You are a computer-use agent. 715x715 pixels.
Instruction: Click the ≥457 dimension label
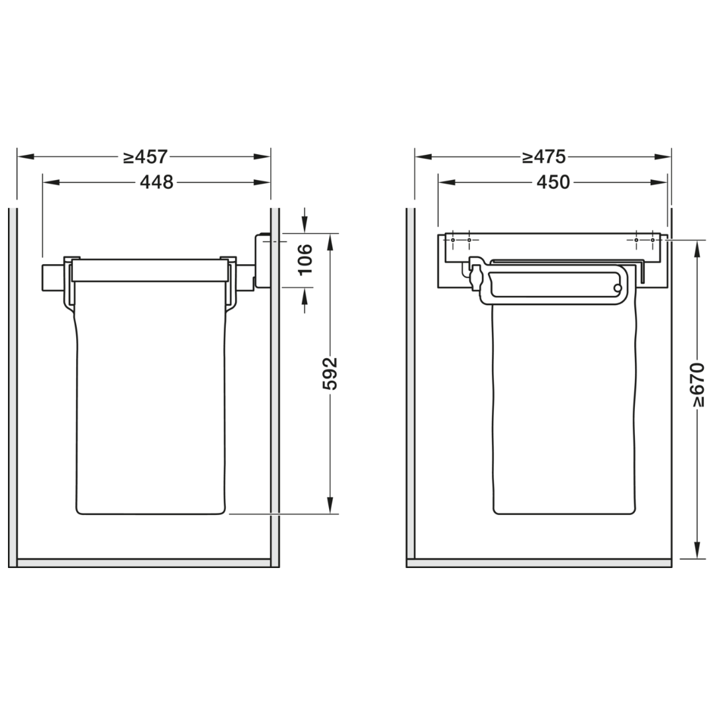click(146, 157)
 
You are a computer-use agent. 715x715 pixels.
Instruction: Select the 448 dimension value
click(156, 183)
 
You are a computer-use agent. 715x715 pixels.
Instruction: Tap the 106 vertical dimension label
click(305, 260)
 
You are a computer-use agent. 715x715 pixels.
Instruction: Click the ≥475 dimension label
click(544, 157)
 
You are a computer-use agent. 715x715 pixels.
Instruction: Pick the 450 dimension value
click(553, 183)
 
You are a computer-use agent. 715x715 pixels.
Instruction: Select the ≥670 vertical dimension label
click(698, 385)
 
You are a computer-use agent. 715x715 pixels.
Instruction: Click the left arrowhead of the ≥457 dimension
click(26, 157)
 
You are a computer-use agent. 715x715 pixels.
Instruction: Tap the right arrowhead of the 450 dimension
click(659, 183)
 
